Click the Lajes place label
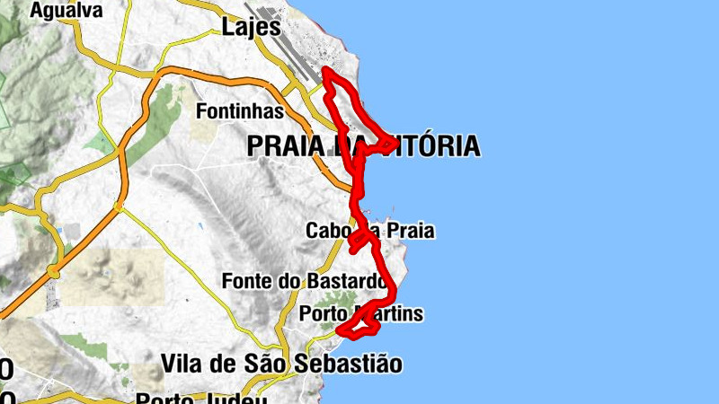coord(247,29)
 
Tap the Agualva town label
coord(66,11)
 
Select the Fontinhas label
coord(240,111)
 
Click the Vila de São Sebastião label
coord(281,364)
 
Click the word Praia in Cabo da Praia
coord(411,231)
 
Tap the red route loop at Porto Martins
coord(360,328)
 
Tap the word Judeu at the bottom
coord(242,398)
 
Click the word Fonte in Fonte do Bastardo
coord(245,281)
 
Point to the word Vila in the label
coord(183,364)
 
